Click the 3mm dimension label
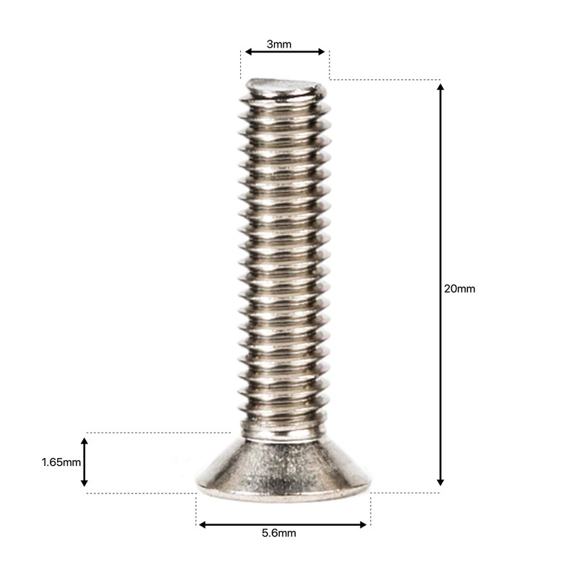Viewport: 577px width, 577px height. (x=279, y=44)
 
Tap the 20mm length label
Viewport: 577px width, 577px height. (x=459, y=288)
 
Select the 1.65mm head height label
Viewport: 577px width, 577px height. (x=61, y=462)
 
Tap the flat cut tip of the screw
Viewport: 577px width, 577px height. (x=283, y=88)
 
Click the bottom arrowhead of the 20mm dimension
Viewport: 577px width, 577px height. (x=441, y=481)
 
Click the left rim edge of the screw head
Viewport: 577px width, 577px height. (x=199, y=483)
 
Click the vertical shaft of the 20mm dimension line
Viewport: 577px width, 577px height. (x=441, y=216)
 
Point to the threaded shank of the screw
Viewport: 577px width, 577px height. (x=283, y=252)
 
